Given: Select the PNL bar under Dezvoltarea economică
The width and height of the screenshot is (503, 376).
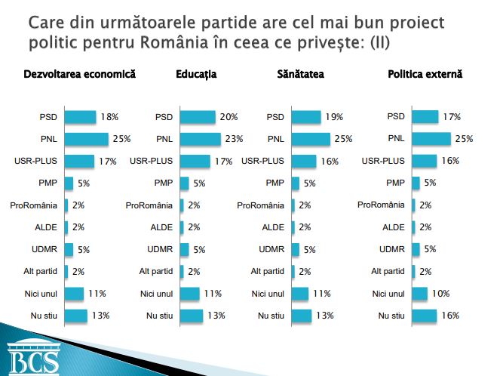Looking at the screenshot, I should pyautogui.click(x=87, y=139).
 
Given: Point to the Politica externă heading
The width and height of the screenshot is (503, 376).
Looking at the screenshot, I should pyautogui.click(x=425, y=76).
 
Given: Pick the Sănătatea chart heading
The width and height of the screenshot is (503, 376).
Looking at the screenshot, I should pyautogui.click(x=296, y=76).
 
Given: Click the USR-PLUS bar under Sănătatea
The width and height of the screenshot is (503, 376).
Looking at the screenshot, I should pyautogui.click(x=303, y=161).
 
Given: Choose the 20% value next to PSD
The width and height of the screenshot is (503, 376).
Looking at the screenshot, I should pyautogui.click(x=228, y=117).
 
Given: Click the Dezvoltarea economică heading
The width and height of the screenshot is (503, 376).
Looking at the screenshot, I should pyautogui.click(x=80, y=76).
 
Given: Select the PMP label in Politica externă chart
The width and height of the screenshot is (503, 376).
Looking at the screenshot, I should pyautogui.click(x=394, y=183).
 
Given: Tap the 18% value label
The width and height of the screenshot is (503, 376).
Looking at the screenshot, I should pyautogui.click(x=110, y=117).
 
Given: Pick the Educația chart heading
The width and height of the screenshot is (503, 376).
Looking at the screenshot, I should pyautogui.click(x=196, y=76).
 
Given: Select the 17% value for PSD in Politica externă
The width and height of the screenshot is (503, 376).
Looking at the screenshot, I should pyautogui.click(x=452, y=117).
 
